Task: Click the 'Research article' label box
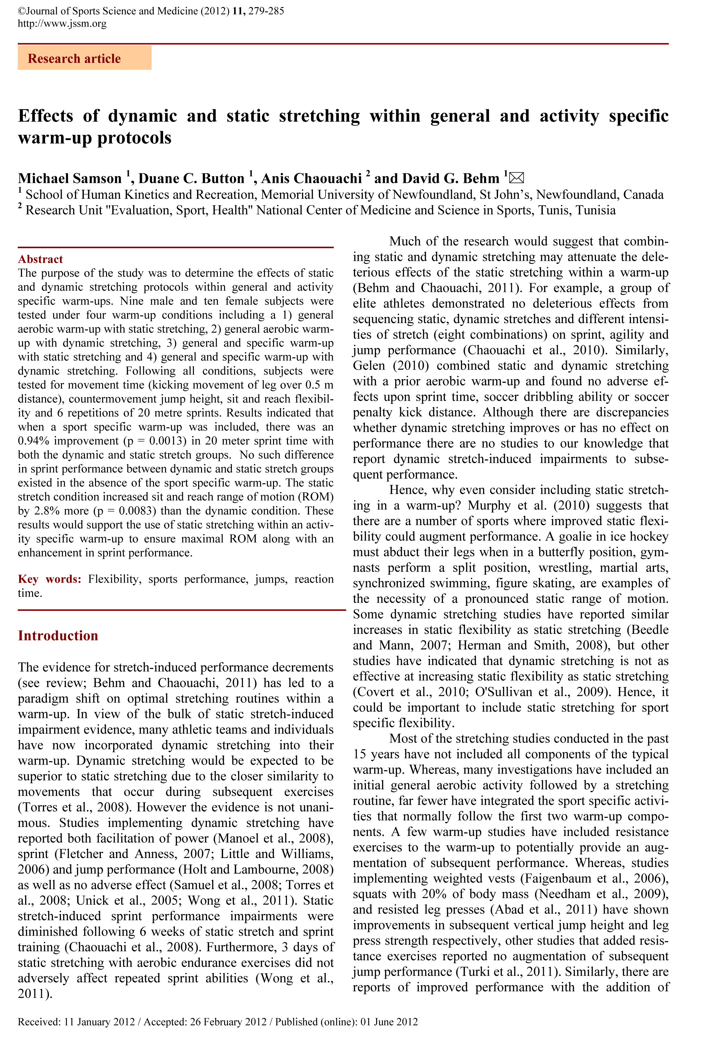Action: click(x=85, y=58)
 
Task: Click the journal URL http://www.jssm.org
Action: click(x=62, y=23)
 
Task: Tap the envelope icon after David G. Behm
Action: click(x=517, y=178)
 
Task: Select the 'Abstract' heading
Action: click(x=40, y=259)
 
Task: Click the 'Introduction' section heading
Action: click(x=58, y=635)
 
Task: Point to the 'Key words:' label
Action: click(x=49, y=579)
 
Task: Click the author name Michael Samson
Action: click(x=70, y=179)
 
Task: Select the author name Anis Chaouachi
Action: click(x=311, y=179)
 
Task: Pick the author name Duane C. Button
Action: click(x=191, y=179)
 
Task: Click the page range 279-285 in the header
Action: click(x=266, y=11)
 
